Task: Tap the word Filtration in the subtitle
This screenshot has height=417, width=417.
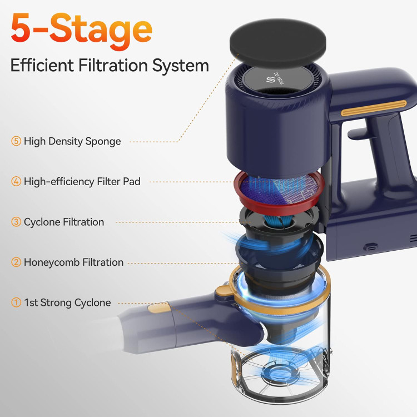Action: pyautogui.click(x=113, y=65)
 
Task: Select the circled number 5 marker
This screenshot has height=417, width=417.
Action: pyautogui.click(x=16, y=141)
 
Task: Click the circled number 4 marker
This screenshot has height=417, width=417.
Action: pyautogui.click(x=16, y=181)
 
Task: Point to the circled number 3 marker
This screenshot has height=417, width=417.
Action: pyautogui.click(x=16, y=222)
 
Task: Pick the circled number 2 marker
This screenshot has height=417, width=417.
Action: pyautogui.click(x=16, y=262)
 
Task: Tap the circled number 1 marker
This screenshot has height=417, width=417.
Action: pyautogui.click(x=16, y=302)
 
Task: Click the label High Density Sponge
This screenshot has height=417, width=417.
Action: pyautogui.click(x=72, y=141)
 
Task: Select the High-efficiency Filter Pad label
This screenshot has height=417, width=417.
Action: pyautogui.click(x=82, y=182)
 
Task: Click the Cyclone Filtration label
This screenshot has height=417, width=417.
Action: pyautogui.click(x=64, y=222)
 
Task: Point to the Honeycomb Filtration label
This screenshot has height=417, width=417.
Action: pyautogui.click(x=73, y=262)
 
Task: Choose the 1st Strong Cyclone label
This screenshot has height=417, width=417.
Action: pyautogui.click(x=67, y=302)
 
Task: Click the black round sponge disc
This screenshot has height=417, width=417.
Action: pyautogui.click(x=278, y=43)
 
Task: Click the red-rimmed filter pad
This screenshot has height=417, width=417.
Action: pyautogui.click(x=279, y=191)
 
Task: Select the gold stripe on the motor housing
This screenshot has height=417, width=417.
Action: pyautogui.click(x=374, y=108)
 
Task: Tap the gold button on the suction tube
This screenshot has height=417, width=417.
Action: pyautogui.click(x=158, y=308)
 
